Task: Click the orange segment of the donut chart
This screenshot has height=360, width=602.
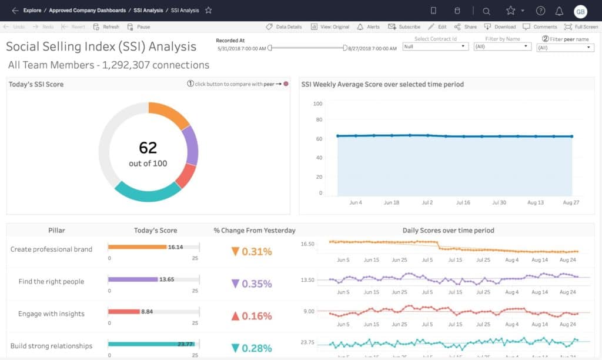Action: (168, 112)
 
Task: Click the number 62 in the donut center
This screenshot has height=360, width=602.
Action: (148, 148)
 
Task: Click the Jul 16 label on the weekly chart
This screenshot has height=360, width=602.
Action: (463, 202)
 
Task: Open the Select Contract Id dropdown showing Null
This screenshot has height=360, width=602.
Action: (435, 46)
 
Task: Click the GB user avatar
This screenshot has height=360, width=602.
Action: (580, 11)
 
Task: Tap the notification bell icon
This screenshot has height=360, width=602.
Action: (559, 11)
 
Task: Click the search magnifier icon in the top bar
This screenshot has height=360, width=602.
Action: (486, 11)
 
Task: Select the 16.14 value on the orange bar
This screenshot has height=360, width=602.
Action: (175, 247)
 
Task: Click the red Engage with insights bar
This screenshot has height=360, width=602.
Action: (123, 311)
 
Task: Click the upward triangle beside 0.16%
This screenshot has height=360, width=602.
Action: (235, 316)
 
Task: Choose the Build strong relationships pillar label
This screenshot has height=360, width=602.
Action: (51, 346)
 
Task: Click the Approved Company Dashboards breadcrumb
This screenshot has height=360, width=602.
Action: (87, 11)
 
